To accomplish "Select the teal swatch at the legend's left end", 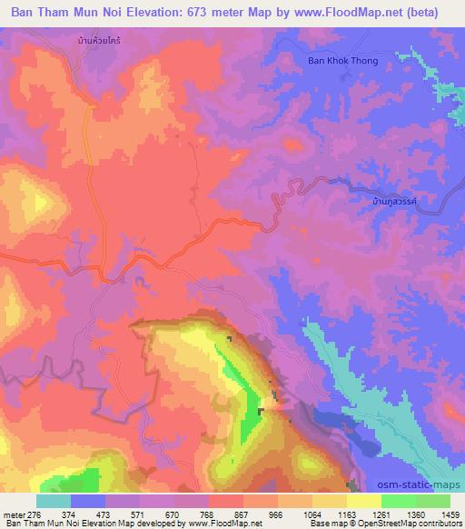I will click(x=54, y=501).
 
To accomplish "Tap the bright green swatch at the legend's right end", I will click(x=432, y=501).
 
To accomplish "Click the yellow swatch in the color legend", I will click(x=363, y=501).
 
